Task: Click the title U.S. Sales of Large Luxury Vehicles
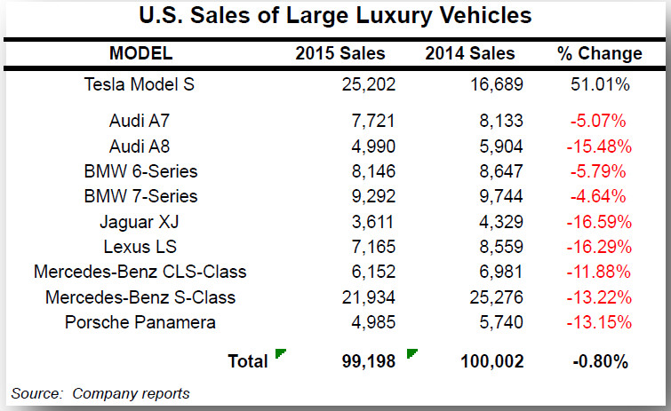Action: pos(335,16)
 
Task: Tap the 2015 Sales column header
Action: pos(340,53)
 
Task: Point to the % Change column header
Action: pos(599,53)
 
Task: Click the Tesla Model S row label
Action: pos(140,85)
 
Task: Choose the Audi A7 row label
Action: pos(140,120)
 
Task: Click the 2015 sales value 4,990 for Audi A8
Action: pos(368,146)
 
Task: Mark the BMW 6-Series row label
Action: pos(140,170)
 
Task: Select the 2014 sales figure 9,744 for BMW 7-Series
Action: pos(498,196)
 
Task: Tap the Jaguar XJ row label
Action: pos(140,221)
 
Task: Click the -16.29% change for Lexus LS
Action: pos(601,247)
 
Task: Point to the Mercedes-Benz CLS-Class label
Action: pos(140,272)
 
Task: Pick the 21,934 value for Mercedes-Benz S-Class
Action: pos(363,296)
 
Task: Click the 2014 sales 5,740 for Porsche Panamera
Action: pos(498,321)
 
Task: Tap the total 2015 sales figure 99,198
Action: pos(363,361)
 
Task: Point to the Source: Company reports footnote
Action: pos(100,393)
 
